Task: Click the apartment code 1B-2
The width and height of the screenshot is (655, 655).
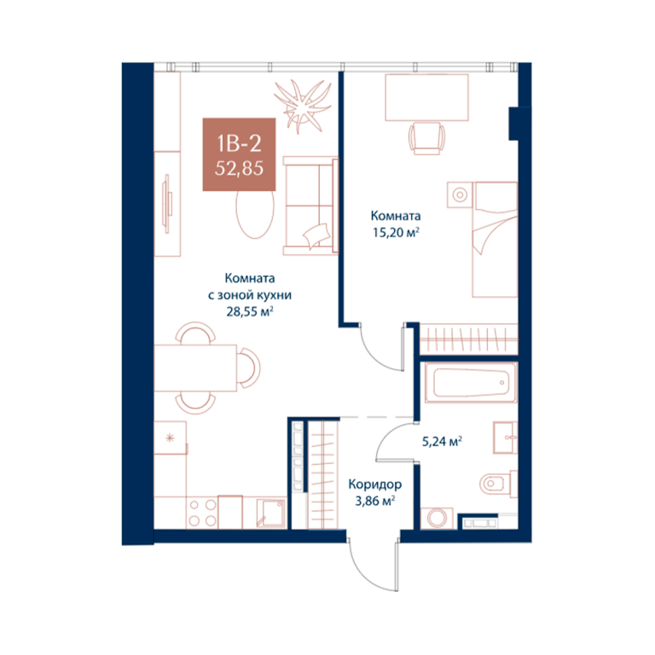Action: tap(239, 143)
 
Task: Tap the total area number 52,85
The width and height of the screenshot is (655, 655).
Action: tap(239, 168)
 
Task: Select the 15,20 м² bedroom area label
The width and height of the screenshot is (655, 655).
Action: tap(396, 233)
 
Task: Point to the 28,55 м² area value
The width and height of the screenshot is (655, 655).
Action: tap(249, 311)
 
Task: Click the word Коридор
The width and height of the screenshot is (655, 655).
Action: tap(374, 484)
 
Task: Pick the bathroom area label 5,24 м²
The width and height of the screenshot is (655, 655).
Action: tap(442, 441)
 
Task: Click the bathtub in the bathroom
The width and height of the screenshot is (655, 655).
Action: tap(471, 382)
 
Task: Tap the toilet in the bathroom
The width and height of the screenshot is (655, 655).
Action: tap(498, 484)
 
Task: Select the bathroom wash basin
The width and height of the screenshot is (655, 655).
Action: tap(505, 438)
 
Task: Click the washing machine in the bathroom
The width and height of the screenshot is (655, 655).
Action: tap(437, 519)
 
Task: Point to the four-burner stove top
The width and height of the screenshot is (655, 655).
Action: tap(202, 513)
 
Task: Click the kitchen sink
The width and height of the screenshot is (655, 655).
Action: tap(271, 513)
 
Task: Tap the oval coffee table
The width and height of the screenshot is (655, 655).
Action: tap(255, 214)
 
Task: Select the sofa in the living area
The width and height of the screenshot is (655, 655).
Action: tap(310, 206)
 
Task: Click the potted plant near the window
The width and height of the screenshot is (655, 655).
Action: tap(302, 106)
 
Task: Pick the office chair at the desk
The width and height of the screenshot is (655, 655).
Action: tap(426, 138)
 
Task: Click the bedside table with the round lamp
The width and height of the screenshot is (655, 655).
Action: tap(460, 194)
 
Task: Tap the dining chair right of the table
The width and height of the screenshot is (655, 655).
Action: tap(249, 368)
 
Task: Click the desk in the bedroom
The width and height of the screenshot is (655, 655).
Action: tap(426, 97)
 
